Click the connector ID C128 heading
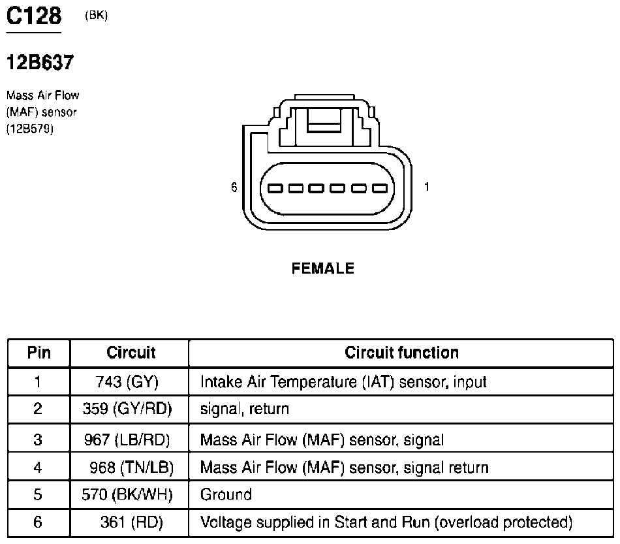(34, 16)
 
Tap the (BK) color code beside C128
(96, 15)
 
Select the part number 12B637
(40, 62)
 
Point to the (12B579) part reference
(29, 129)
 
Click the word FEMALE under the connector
(322, 268)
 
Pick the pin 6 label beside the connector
(234, 187)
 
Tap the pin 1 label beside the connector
(427, 186)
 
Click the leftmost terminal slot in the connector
(275, 188)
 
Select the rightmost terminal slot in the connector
(380, 188)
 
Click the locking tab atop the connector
(324, 121)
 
